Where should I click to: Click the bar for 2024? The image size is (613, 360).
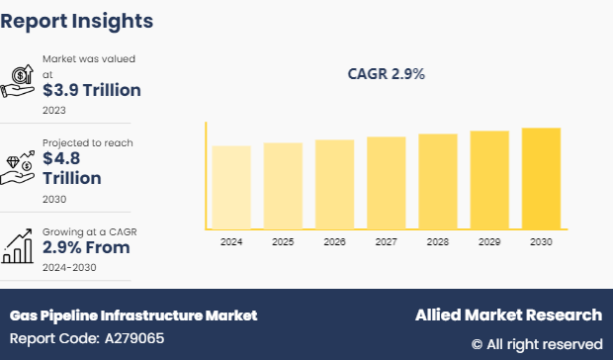[x=231, y=187]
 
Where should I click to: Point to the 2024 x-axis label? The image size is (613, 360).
[x=231, y=241]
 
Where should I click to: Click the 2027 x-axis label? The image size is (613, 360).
[x=387, y=241]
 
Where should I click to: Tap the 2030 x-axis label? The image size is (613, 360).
[x=541, y=241]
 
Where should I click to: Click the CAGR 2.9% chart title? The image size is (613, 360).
[x=386, y=74]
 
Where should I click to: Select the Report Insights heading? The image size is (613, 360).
[x=77, y=20]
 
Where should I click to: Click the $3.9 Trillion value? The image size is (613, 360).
[x=91, y=90]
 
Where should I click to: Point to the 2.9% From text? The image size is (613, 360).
[x=87, y=247]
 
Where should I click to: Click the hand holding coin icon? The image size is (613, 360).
[x=20, y=81]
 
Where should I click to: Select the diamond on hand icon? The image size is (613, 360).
[x=20, y=165]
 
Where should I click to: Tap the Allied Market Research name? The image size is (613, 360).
[x=507, y=315]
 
